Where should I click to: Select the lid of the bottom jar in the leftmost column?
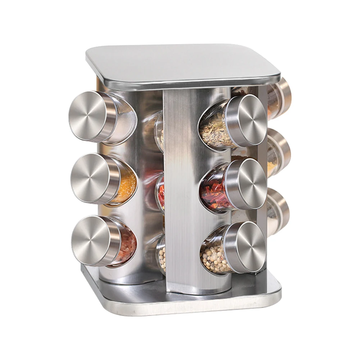pos(92,240)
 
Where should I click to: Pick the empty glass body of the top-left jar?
pos(124,120)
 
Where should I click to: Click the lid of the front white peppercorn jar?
pos(246,246)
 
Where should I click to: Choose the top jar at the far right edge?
pos(281,97)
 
